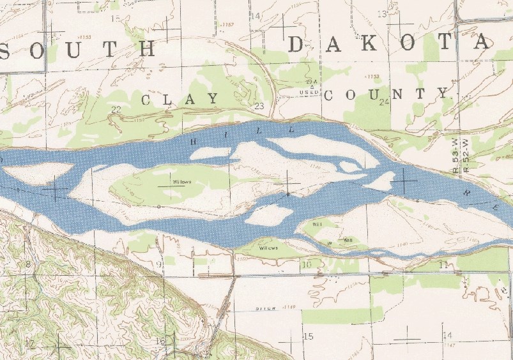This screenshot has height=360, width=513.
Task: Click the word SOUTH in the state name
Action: coord(80,49)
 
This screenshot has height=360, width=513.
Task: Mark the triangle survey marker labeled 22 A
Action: coord(311,87)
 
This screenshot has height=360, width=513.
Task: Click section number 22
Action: coord(116,109)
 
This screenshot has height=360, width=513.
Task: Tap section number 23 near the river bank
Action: coord(259,106)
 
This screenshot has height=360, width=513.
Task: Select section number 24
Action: coord(384,102)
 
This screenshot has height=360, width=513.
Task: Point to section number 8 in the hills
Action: coord(28,264)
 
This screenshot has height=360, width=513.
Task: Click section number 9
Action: coord(159,264)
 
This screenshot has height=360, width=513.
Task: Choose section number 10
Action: coord(306,264)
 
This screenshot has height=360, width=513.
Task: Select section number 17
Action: coord(29,343)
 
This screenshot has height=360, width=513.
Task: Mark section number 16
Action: coord(160,341)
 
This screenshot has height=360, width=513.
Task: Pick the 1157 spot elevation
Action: coord(227,24)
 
